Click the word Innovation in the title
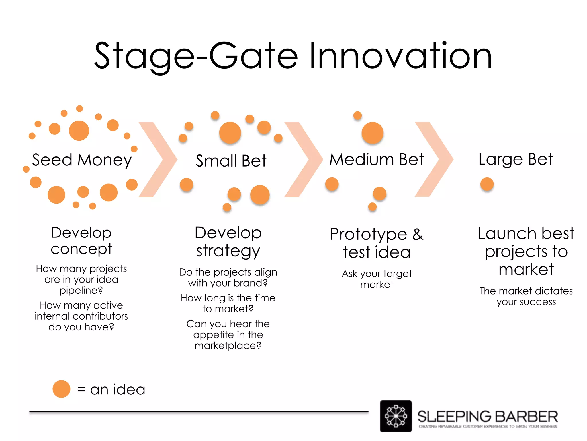pyautogui.click(x=400, y=56)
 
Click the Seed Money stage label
pyautogui.click(x=82, y=160)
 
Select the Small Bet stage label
pyautogui.click(x=231, y=160)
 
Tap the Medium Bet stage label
pyautogui.click(x=376, y=159)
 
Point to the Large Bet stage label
pyautogui.click(x=515, y=159)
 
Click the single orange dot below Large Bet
pyautogui.click(x=487, y=184)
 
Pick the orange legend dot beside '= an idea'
pyautogui.click(x=61, y=389)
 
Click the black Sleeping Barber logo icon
pyautogui.click(x=396, y=416)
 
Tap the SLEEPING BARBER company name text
pyautogui.click(x=487, y=416)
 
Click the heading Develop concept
pyautogui.click(x=81, y=241)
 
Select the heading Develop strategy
pyautogui.click(x=228, y=241)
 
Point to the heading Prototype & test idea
pyautogui.click(x=377, y=243)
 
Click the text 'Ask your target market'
pyautogui.click(x=377, y=279)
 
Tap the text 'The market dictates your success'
pyautogui.click(x=526, y=296)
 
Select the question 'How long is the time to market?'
pyautogui.click(x=228, y=303)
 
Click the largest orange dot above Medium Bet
pyautogui.click(x=372, y=133)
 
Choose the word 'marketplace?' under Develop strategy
pyautogui.click(x=228, y=345)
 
